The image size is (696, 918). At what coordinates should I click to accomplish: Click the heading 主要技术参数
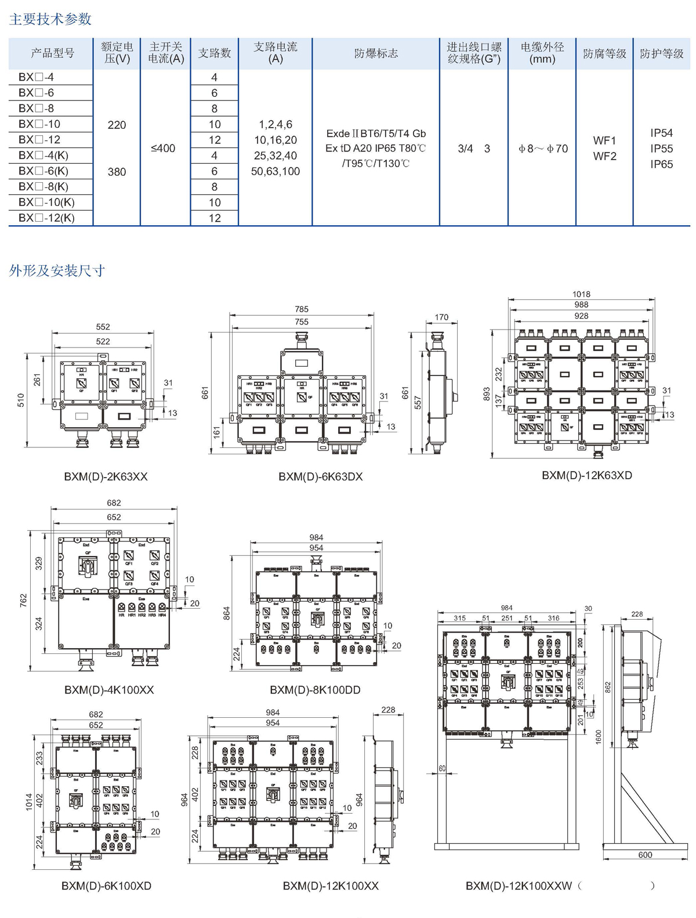click(50, 19)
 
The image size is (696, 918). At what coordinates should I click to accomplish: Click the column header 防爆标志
click(376, 53)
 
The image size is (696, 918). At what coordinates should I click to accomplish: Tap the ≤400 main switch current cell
click(163, 148)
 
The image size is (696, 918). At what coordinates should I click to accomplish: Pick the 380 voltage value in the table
click(117, 172)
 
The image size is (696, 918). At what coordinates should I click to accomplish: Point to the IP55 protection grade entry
click(661, 149)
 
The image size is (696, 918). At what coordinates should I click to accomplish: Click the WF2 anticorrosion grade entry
click(604, 156)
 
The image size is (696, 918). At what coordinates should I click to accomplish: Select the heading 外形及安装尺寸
click(57, 270)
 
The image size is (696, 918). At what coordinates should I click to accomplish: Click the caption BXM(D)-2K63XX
click(106, 476)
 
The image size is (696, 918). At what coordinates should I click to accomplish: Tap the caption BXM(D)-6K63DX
click(320, 476)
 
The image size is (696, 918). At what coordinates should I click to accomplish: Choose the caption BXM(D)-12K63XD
click(587, 475)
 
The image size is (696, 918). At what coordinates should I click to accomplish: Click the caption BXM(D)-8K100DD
click(315, 690)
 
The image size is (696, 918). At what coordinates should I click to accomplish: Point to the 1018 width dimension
click(581, 294)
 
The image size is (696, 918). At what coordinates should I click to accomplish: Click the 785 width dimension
click(302, 309)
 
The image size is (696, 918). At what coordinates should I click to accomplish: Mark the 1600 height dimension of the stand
click(599, 737)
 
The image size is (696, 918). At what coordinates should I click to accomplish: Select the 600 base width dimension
click(645, 855)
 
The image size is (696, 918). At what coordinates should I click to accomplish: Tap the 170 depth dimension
click(441, 317)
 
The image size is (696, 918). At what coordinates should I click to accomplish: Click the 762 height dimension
click(23, 599)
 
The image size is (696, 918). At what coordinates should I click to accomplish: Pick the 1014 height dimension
click(29, 802)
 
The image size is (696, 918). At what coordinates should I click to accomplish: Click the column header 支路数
click(215, 53)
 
